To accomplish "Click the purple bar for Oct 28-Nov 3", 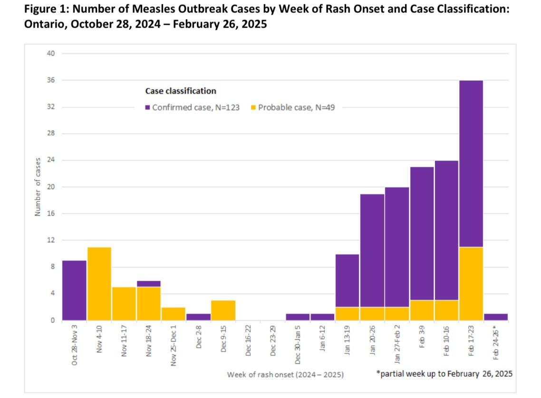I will (74, 290).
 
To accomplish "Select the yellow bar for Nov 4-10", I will (99, 284).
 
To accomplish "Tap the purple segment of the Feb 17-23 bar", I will (471, 163).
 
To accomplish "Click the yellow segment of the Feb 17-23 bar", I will (471, 284).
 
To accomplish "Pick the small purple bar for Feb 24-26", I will (495, 317).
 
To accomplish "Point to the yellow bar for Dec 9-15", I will (223, 310).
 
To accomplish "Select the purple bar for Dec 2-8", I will (198, 317).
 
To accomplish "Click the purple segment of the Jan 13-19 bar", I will (347, 280).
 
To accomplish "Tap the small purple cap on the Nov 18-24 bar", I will (148, 284).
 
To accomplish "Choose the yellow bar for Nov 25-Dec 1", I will (174, 313).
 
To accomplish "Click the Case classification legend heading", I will (180, 91).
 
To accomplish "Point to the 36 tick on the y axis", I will (51, 80).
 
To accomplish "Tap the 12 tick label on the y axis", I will (51, 240).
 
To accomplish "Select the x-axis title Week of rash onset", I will (285, 375).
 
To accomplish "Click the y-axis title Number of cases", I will (37, 187).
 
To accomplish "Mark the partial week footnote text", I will (444, 374).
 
